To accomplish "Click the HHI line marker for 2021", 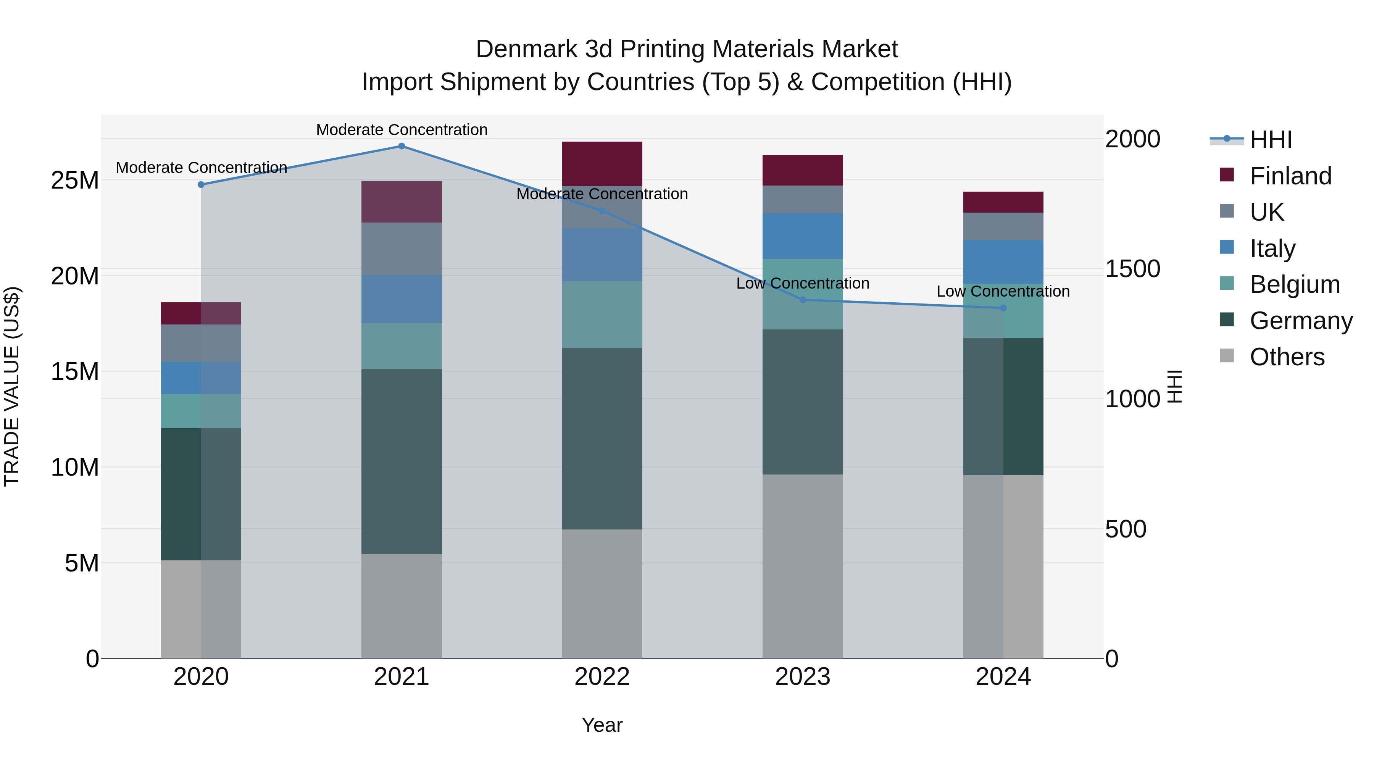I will (x=402, y=146).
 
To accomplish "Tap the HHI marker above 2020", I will (x=201, y=185).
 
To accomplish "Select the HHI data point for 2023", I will (x=803, y=300).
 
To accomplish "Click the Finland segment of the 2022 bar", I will (x=602, y=164).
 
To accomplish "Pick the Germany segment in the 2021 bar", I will (x=402, y=462).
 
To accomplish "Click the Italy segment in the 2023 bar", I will (x=803, y=236).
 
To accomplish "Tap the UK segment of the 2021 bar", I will (x=402, y=249).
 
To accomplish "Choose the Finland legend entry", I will (x=1290, y=176).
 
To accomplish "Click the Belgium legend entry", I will (x=1295, y=284).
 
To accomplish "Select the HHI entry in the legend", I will (x=1271, y=140).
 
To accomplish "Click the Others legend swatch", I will (x=1227, y=356).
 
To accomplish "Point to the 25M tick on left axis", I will (x=75, y=180).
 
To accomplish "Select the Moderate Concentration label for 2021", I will (x=402, y=130).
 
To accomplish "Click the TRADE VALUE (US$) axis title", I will (x=12, y=386).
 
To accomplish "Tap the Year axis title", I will (x=602, y=725).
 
